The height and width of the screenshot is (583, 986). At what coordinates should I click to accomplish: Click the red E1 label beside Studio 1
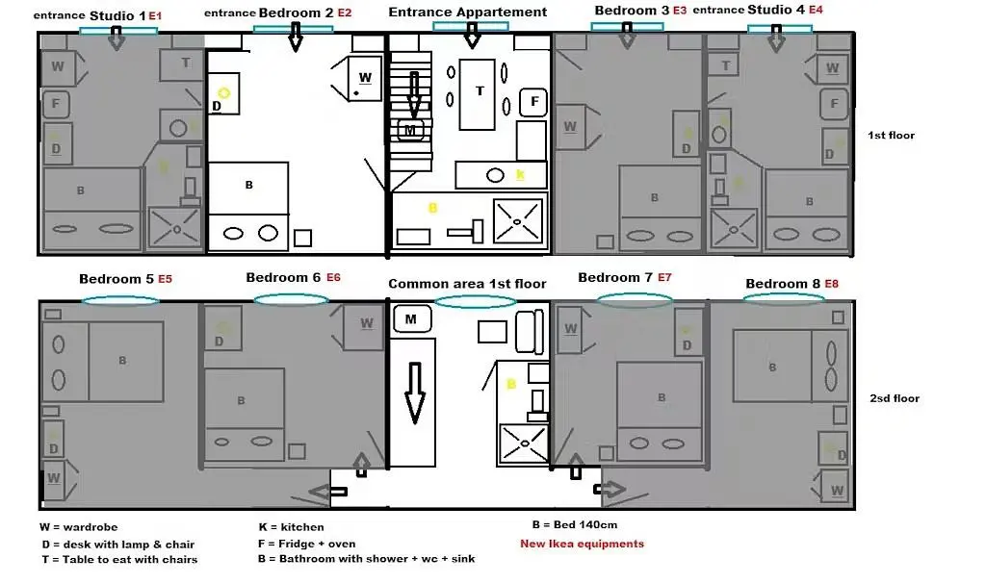pyautogui.click(x=155, y=16)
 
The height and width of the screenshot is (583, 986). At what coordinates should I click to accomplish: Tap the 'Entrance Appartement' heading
pyautogui.click(x=467, y=13)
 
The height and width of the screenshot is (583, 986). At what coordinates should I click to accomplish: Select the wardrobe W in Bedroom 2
pyautogui.click(x=364, y=77)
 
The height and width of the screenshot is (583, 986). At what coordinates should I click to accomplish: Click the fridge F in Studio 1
pyautogui.click(x=57, y=104)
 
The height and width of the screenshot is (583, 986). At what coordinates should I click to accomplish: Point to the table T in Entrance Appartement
pyautogui.click(x=479, y=91)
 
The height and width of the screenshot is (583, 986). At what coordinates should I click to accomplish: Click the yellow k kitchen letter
pyautogui.click(x=520, y=175)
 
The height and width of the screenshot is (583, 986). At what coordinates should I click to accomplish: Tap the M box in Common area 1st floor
pyautogui.click(x=411, y=318)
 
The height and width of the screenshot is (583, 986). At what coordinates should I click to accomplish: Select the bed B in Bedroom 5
pyautogui.click(x=122, y=361)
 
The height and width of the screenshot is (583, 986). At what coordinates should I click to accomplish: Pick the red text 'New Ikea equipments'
pyautogui.click(x=582, y=544)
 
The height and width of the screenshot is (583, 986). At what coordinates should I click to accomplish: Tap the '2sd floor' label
pyautogui.click(x=895, y=398)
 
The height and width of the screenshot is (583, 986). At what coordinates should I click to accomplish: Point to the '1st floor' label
pyautogui.click(x=891, y=136)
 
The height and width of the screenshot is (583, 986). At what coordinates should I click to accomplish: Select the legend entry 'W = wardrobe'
pyautogui.click(x=79, y=527)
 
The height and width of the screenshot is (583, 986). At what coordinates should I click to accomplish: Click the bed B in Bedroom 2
pyautogui.click(x=249, y=185)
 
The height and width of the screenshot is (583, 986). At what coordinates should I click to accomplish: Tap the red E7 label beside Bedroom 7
pyautogui.click(x=664, y=278)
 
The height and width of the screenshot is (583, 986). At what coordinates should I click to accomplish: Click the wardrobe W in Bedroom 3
pyautogui.click(x=570, y=127)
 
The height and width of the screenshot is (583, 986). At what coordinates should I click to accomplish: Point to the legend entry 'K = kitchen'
pyautogui.click(x=292, y=527)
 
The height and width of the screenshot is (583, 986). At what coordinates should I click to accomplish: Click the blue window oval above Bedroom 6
pyautogui.click(x=291, y=299)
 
